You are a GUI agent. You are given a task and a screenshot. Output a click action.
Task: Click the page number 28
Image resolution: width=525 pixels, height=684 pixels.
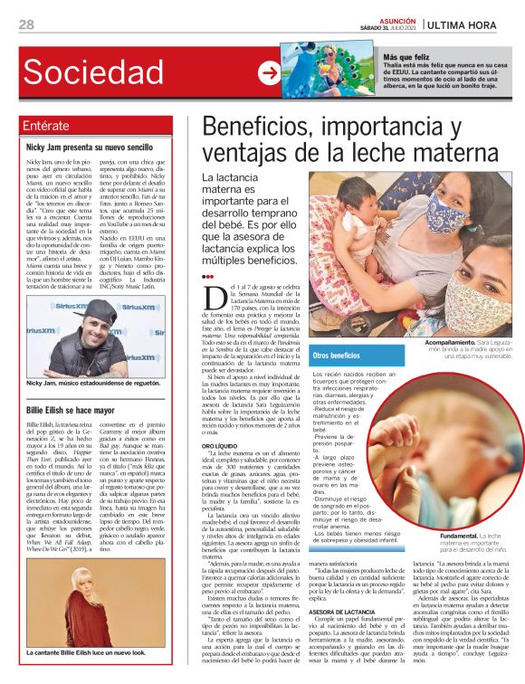tap(26, 24)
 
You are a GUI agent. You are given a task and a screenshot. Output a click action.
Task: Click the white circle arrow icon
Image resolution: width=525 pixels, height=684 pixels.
tap(269, 71)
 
